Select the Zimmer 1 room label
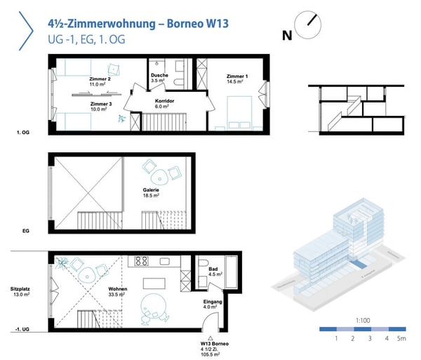[236, 79]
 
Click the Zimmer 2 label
[100, 81]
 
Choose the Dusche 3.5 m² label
[159, 79]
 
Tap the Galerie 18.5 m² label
[151, 193]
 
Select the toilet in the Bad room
[203, 267]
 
